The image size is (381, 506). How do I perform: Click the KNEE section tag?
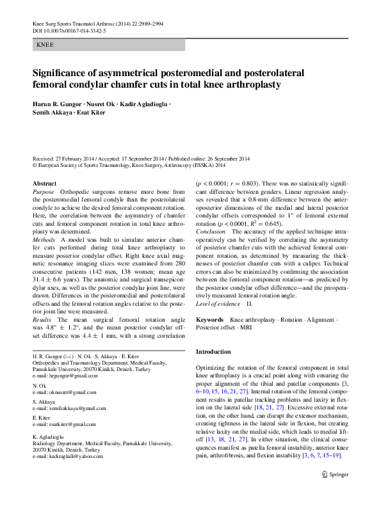[45, 45]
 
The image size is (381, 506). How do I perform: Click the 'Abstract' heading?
[44, 183]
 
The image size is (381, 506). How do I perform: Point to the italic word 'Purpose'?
[44, 192]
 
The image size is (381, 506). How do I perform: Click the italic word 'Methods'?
[44, 239]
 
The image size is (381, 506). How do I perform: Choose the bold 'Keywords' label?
[209, 319]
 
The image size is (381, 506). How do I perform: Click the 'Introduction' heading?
[213, 352]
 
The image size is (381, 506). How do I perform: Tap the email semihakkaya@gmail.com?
[73, 408]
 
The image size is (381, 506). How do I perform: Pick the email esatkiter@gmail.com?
[69, 424]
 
